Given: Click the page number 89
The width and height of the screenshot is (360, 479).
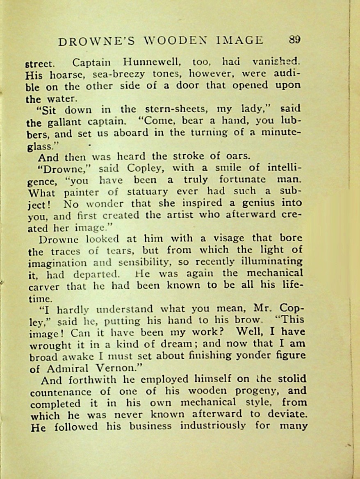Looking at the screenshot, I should (294, 40).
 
